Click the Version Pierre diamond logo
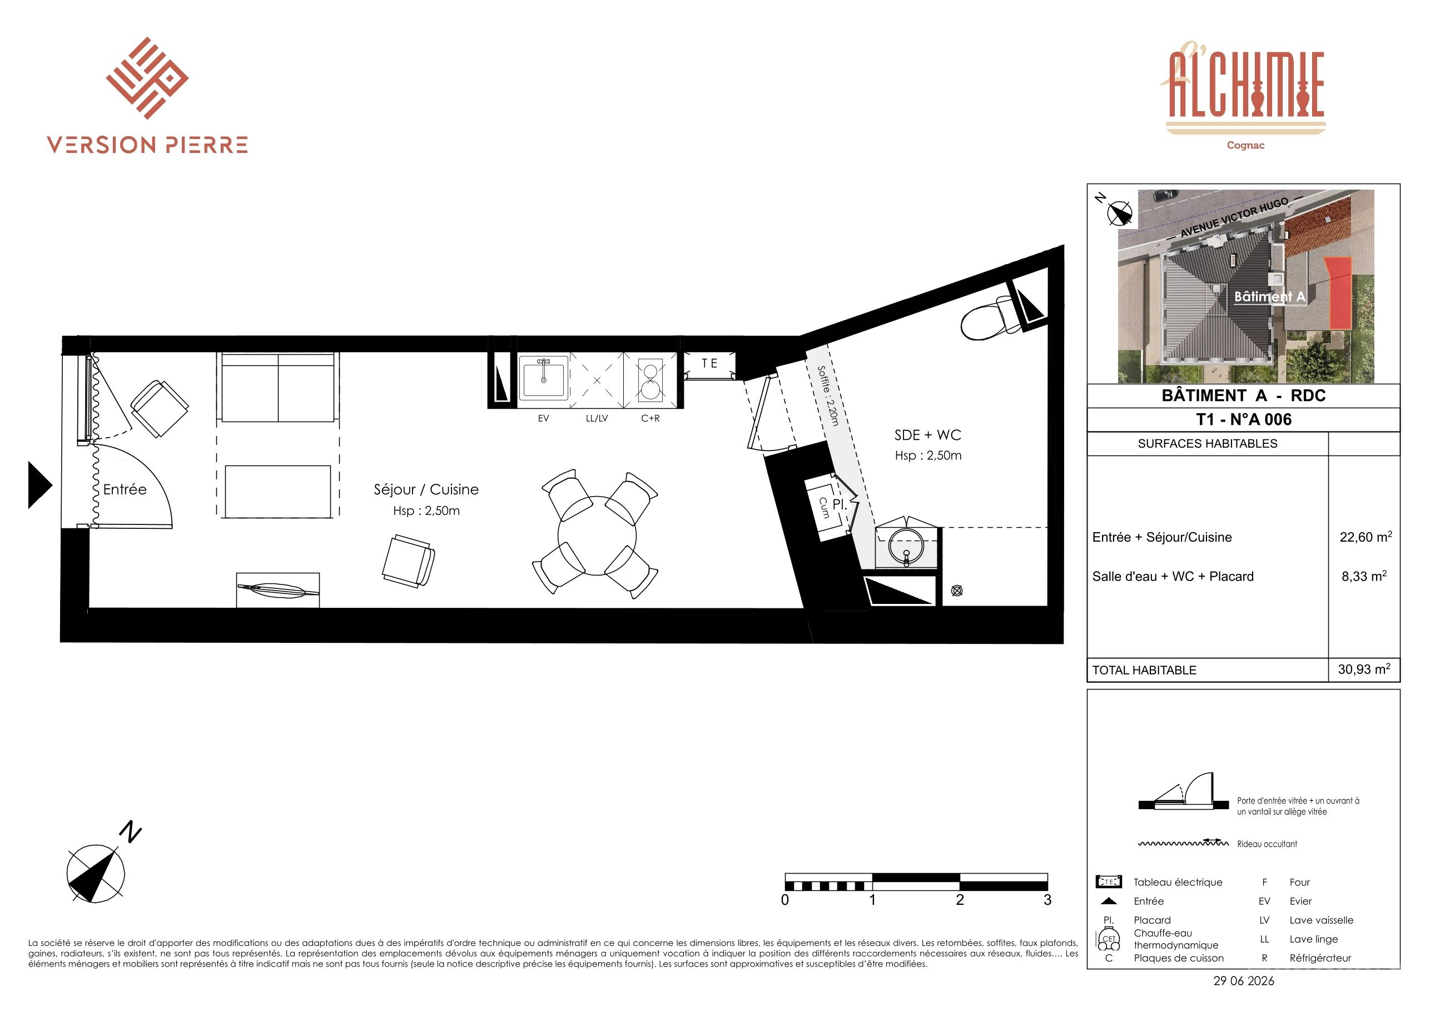coord(147,78)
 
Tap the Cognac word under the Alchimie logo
coord(1245,145)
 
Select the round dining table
coord(597,536)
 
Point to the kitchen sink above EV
coord(544,378)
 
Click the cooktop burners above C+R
coord(650,380)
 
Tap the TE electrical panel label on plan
coord(710,363)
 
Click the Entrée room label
coord(125,489)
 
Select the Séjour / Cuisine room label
coord(426,489)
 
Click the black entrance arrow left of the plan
coord(39,484)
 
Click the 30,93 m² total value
coord(1364,669)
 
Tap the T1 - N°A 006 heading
coord(1244,419)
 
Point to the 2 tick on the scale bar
coord(960,899)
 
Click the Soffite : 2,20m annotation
coord(828,395)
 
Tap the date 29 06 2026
coord(1244,980)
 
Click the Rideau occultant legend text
coord(1267,844)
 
